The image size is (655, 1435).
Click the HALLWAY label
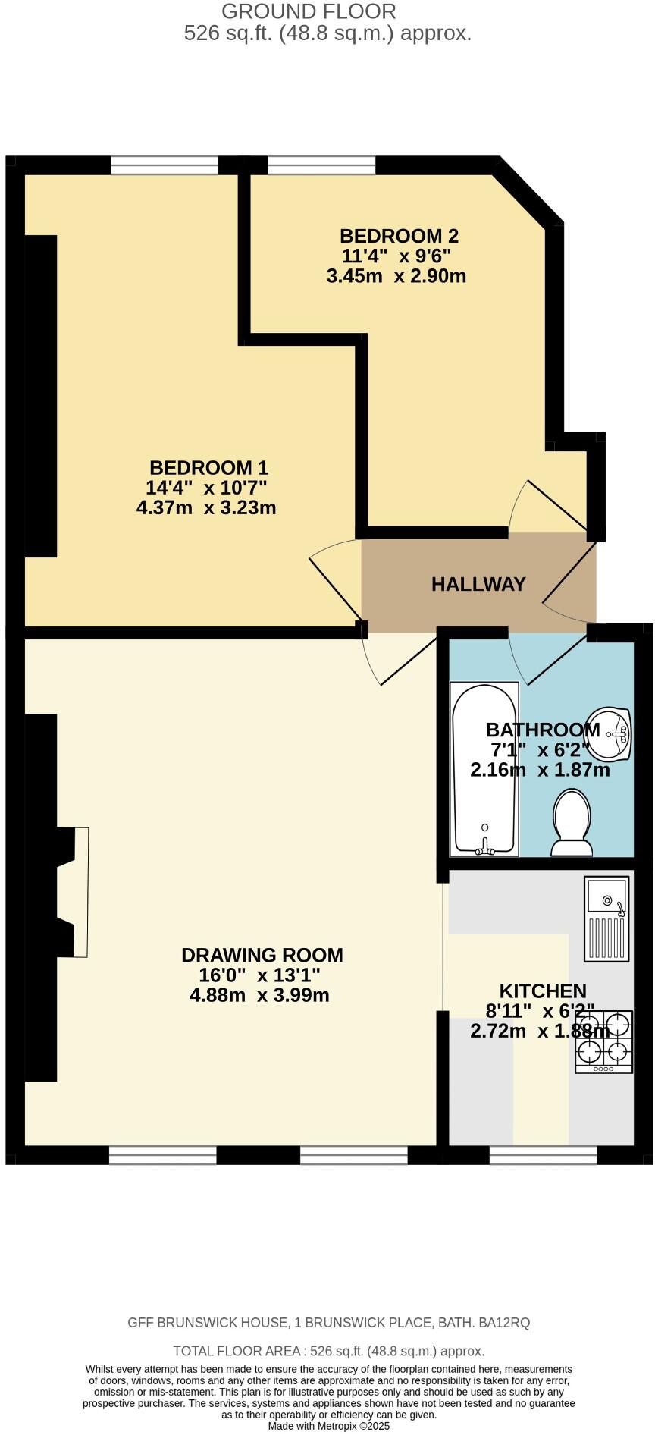coord(478,584)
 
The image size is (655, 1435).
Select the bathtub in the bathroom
coord(484,768)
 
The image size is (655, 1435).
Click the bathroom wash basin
coord(610,733)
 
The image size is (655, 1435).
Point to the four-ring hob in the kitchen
coord(604,1041)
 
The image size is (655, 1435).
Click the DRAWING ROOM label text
coord(262,955)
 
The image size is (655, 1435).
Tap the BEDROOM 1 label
coord(208,468)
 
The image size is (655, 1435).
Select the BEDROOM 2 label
coord(399,236)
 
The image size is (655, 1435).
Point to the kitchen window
coord(543,1155)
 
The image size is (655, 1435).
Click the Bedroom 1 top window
coord(165,165)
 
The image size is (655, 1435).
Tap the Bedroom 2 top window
coord(322,165)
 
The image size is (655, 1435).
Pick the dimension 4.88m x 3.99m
coord(259,995)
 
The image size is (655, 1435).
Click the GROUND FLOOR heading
coord(309,11)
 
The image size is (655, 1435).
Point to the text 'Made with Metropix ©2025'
coord(329,1426)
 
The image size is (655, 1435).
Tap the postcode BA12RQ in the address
coord(504,1323)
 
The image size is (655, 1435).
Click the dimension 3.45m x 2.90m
coord(396,276)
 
